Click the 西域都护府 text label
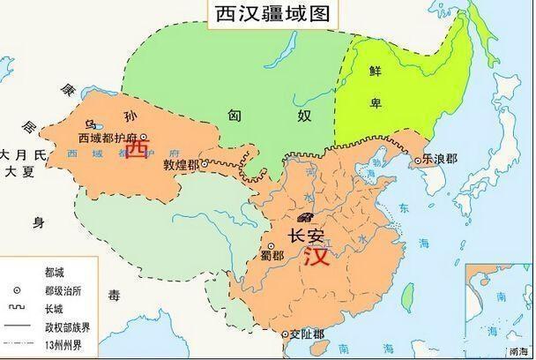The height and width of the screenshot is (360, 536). [x=108, y=138]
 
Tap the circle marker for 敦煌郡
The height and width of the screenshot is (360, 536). [x=205, y=165]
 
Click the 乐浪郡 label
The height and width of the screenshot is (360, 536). [x=442, y=161]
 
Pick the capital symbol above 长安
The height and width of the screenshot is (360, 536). [x=306, y=217]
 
